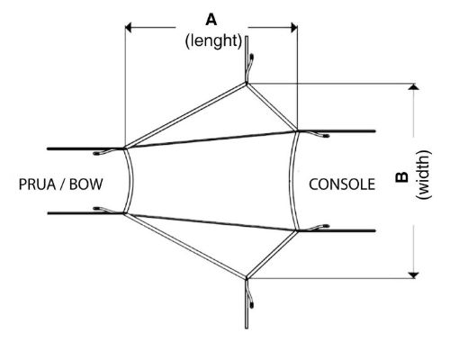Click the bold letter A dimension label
tap(211, 20)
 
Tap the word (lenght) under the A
tap(213, 40)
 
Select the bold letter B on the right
tap(401, 177)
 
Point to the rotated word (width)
tap(424, 175)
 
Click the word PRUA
tap(37, 184)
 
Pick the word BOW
tap(86, 184)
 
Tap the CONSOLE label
tap(342, 184)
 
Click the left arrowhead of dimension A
tap(128, 28)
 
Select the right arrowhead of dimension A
tap(294, 28)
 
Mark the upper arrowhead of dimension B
tap(414, 86)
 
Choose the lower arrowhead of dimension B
tap(414, 275)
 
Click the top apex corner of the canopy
tap(247, 84)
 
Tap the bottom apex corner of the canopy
tap(247, 277)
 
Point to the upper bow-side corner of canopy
tap(124, 148)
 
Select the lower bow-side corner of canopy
tap(124, 213)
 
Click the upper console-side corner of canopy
tap(297, 131)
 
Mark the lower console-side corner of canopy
tap(297, 230)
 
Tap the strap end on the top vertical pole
tap(251, 56)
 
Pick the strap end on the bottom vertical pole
tap(251, 306)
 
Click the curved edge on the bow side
tap(131, 180)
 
